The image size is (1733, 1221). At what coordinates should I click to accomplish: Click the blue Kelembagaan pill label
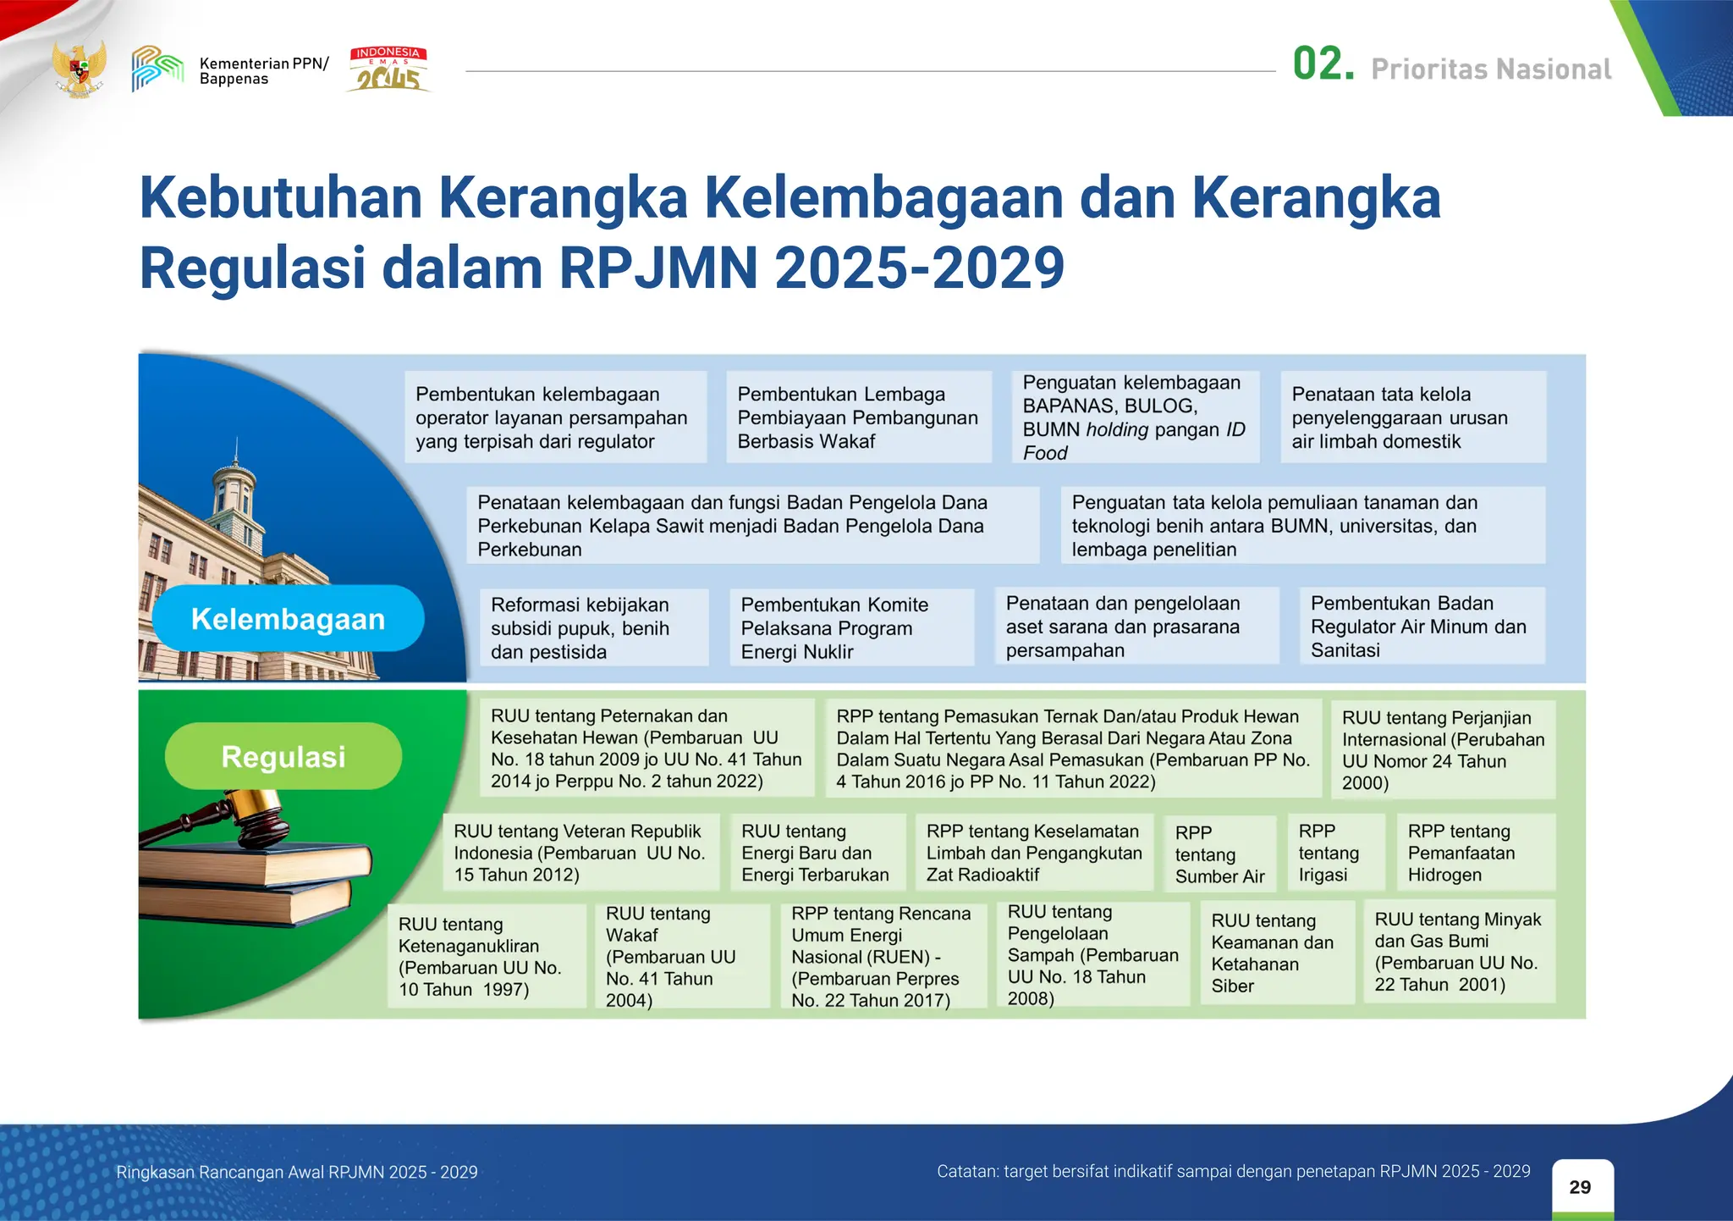288,619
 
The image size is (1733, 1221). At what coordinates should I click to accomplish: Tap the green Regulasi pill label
283,756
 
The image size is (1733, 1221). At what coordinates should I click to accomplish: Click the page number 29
1580,1187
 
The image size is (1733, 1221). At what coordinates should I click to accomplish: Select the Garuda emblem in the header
80,69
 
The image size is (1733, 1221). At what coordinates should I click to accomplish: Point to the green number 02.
1323,65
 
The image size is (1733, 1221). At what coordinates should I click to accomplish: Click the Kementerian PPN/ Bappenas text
263,71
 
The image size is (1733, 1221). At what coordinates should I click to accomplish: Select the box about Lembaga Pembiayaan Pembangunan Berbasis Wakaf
858,417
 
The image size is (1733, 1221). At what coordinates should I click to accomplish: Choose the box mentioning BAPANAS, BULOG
1135,417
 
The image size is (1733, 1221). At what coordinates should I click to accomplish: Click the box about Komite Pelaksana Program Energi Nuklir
851,628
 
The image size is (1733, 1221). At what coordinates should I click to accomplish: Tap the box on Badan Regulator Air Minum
1422,627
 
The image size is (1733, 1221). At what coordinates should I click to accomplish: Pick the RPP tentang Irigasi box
1335,853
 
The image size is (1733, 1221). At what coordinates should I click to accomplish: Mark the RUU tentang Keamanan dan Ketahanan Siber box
1276,953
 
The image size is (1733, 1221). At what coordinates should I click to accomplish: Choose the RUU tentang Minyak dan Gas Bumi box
1459,953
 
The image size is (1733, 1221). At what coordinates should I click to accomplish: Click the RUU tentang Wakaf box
681,956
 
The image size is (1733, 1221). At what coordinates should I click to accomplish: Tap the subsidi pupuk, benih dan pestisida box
592,628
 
